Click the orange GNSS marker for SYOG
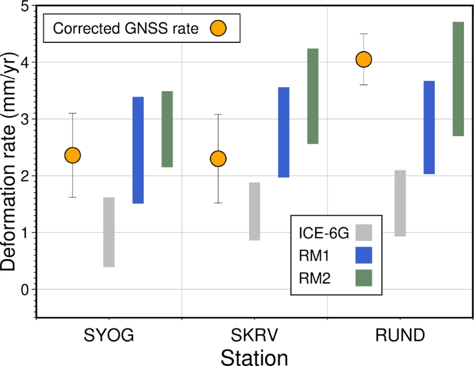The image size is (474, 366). pos(72,155)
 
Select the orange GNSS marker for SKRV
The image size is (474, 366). pos(218,159)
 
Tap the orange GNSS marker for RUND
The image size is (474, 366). pos(363,59)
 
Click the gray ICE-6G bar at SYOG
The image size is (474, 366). pos(109,232)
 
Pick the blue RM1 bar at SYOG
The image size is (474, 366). pos(138,150)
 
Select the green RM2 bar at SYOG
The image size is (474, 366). pos(167,129)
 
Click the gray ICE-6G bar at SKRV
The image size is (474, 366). pos(254,211)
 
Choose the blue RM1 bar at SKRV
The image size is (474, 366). pos(283,132)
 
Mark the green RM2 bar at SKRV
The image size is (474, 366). pos(313,96)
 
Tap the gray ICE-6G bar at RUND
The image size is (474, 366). pos(400,203)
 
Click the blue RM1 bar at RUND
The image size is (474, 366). pos(429,127)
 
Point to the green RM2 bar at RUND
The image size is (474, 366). pos(458,79)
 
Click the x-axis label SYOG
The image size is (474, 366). pos(109,335)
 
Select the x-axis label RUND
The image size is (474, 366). pos(400,335)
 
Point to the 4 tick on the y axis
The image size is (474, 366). pos(25,62)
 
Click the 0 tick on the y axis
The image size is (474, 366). pos(25,290)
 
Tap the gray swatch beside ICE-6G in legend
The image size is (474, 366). pos(363,233)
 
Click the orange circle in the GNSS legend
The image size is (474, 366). pos(218,28)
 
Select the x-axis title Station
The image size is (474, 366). pos(254,358)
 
